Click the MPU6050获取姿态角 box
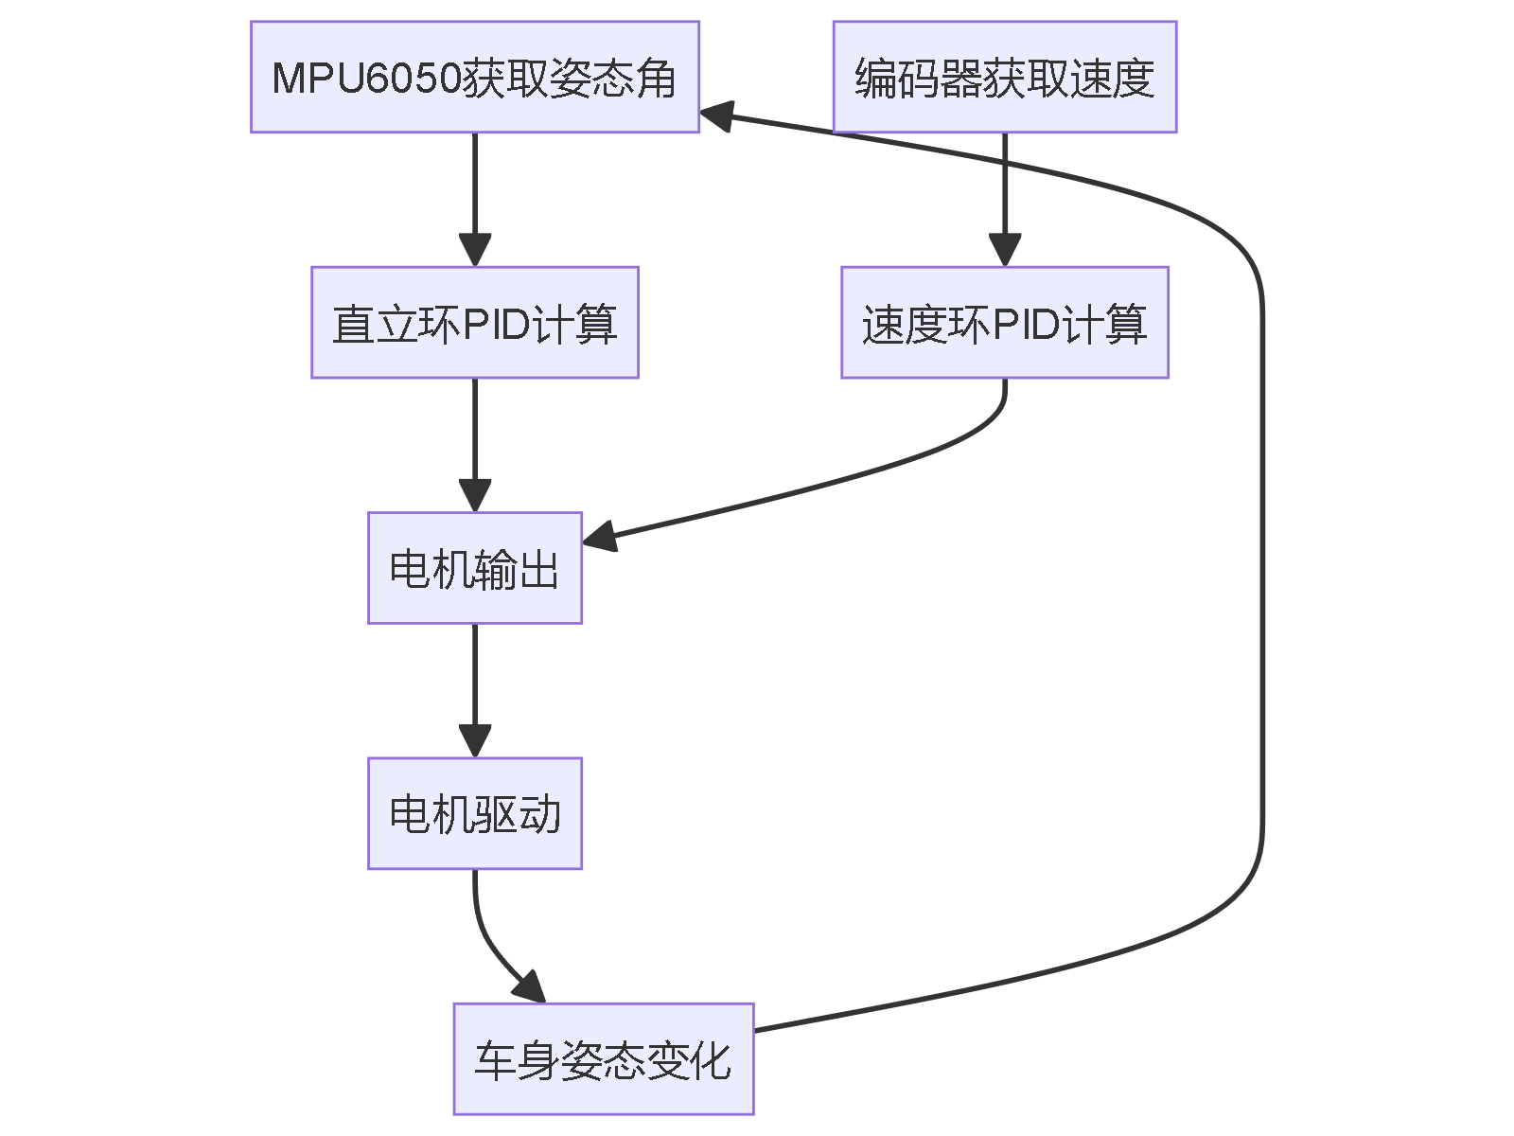(474, 77)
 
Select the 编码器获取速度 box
(1004, 77)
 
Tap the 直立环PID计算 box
(474, 322)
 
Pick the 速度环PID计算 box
(1004, 322)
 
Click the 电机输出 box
(474, 568)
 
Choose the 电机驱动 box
(474, 813)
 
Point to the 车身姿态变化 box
(603, 1058)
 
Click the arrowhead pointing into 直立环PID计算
(474, 250)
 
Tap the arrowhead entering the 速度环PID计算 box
(1004, 250)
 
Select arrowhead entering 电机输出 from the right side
(600, 537)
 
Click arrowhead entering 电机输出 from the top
(474, 496)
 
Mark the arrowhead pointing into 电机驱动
(474, 741)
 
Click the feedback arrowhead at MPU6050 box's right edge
(716, 115)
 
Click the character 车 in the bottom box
(494, 1060)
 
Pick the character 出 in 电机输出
(538, 570)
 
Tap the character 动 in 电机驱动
(539, 815)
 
